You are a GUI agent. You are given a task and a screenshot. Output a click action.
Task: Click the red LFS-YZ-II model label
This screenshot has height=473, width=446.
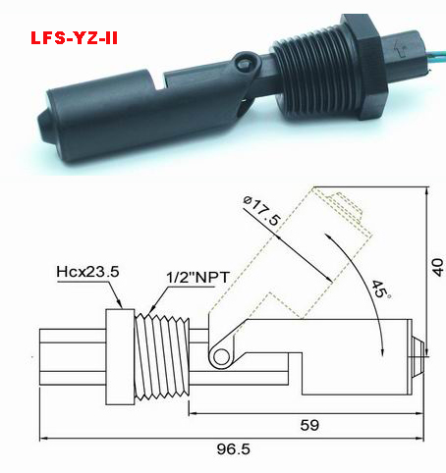coord(74,38)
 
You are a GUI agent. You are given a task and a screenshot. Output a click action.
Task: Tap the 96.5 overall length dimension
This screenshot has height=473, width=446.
coord(234,448)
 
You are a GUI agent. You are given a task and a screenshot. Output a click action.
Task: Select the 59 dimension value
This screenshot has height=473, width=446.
coord(309,425)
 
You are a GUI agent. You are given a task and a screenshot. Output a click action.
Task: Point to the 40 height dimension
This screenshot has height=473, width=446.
coord(438,268)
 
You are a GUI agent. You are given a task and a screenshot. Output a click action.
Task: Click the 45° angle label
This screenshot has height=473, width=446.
coord(381,289)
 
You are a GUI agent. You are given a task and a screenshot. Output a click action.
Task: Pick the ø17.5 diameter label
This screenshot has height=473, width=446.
coord(262,211)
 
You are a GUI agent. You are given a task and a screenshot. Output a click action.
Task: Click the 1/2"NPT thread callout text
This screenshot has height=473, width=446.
coord(197,278)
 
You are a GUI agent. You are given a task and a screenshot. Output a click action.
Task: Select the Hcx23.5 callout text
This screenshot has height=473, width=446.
coord(87,272)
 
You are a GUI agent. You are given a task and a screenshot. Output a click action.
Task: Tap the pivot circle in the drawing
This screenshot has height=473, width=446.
coord(221,356)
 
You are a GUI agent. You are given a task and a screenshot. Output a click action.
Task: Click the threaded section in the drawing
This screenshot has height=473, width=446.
coord(162,356)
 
